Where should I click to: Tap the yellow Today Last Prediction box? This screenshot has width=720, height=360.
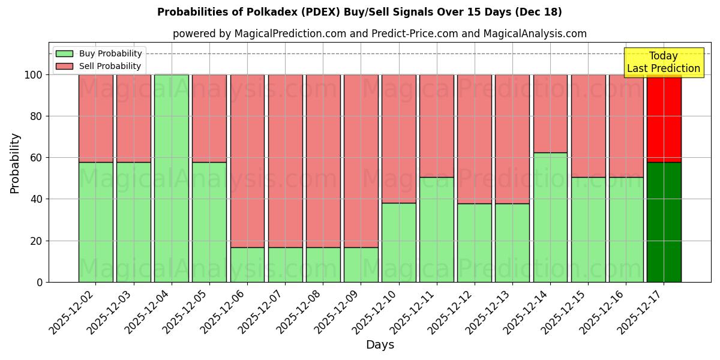point(663,62)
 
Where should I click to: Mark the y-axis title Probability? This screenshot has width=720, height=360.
point(15,163)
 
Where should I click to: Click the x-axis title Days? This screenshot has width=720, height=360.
point(380,345)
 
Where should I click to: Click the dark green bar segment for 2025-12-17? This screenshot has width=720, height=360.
point(664,222)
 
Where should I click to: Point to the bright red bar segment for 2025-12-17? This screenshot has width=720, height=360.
point(664,118)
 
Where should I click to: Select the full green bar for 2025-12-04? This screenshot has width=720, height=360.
point(172,178)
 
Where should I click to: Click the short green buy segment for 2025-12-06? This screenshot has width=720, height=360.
point(247,265)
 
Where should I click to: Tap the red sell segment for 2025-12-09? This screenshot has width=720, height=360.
point(361,161)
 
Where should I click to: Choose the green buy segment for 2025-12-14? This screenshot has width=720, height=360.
point(550,217)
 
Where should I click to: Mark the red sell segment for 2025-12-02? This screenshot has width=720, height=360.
point(95,118)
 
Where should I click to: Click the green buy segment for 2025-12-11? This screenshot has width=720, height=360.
point(436,229)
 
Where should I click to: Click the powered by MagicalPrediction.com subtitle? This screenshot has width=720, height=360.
point(379,34)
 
